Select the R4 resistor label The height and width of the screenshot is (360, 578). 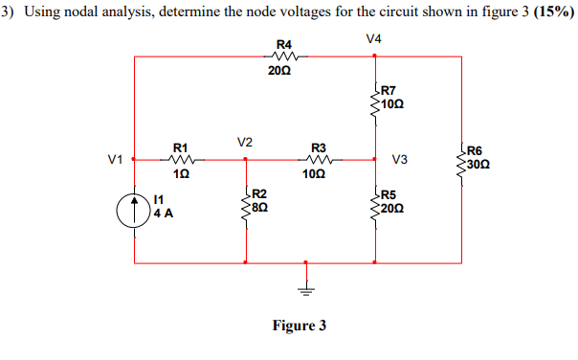tap(284, 44)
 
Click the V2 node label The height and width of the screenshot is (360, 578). tap(245, 142)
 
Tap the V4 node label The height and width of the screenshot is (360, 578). tap(373, 39)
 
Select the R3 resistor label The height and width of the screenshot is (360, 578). tap(319, 147)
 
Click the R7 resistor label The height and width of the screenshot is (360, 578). tap(389, 92)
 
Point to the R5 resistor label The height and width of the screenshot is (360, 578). tap(389, 193)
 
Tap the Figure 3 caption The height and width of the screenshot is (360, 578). tap(299, 326)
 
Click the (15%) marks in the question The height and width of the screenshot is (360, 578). tap(550, 12)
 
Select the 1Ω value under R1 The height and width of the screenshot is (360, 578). tap(181, 175)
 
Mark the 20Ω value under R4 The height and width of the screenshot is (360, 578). tap(280, 71)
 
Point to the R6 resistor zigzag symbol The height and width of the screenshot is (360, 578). tap(462, 158)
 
